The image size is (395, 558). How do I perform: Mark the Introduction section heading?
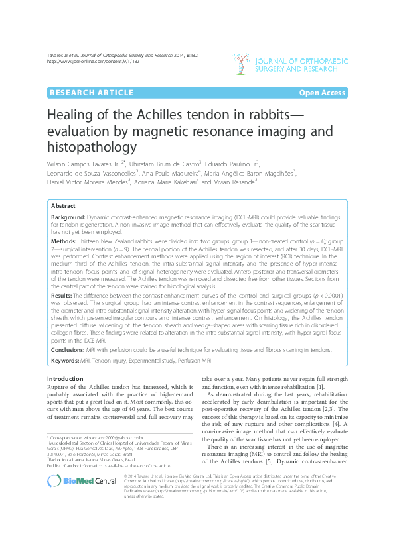(65, 378)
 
